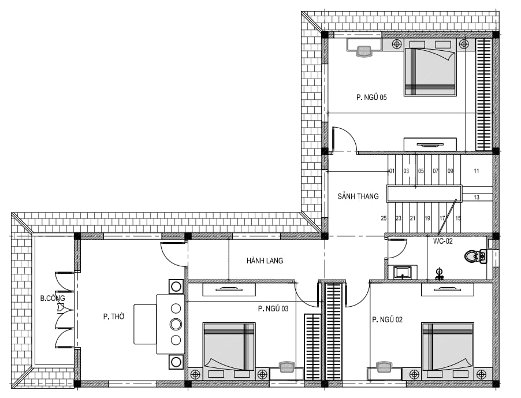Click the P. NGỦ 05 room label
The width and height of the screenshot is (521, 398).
[x=371, y=97]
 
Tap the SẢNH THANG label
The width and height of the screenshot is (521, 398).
[x=358, y=196]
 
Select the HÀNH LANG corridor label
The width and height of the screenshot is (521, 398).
[x=265, y=261]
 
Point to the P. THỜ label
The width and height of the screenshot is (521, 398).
[x=114, y=317]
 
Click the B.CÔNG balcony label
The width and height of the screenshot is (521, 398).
[x=53, y=298]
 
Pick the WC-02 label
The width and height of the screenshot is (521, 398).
[x=442, y=241]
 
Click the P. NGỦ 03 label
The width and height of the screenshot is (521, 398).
[x=273, y=308]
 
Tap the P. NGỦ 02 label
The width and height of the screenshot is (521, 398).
[x=387, y=319]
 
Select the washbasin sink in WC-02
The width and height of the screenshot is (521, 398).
[x=403, y=273]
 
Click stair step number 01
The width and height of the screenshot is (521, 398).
[x=392, y=171]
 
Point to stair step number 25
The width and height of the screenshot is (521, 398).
[x=384, y=218]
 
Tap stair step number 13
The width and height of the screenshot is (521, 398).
[x=477, y=198]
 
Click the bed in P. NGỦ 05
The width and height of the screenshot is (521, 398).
[x=430, y=72]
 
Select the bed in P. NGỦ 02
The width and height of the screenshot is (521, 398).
[x=448, y=346]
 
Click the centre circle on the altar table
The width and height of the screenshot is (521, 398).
[x=176, y=324]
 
